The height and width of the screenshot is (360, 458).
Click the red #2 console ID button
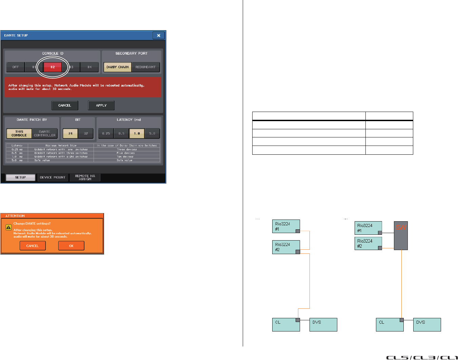point(53,67)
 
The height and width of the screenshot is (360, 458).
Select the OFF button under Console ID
point(16,67)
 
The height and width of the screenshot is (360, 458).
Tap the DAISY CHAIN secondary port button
point(117,67)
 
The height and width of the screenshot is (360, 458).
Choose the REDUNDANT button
point(145,67)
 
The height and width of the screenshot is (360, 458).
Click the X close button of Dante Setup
point(158,35)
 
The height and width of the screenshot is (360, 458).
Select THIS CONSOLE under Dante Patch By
point(19,133)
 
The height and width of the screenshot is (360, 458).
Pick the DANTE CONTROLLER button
point(45,133)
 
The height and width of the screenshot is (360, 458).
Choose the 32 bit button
point(86,134)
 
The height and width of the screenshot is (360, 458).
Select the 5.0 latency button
point(152,134)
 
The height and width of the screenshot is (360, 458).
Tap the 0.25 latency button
point(106,134)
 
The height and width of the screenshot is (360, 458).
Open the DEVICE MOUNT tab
point(53,177)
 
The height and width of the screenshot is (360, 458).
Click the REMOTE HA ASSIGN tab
point(85,177)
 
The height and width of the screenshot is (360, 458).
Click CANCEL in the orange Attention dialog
point(33,246)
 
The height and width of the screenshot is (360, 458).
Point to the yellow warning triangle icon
point(9,227)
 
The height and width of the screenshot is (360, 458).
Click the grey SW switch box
point(401,235)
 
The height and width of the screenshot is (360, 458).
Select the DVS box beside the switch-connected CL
point(427,324)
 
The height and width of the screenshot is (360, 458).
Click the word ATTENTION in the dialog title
point(15,216)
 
